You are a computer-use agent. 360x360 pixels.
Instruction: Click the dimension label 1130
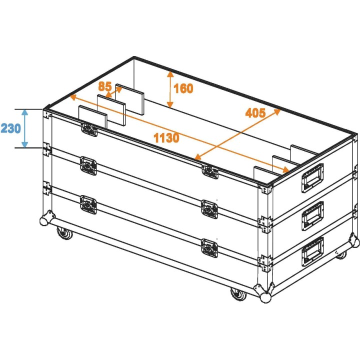point(166,137)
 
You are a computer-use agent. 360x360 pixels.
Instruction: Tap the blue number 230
point(10,128)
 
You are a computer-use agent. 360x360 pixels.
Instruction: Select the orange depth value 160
point(183,89)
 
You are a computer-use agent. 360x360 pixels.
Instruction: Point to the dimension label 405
point(255,112)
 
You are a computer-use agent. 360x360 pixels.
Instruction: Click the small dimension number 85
point(104,86)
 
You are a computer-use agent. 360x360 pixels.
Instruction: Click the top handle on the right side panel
point(311,177)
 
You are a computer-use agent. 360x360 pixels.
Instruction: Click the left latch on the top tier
point(88,129)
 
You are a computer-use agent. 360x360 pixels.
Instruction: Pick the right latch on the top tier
point(209,171)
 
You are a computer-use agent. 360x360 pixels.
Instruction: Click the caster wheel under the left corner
point(63,233)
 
